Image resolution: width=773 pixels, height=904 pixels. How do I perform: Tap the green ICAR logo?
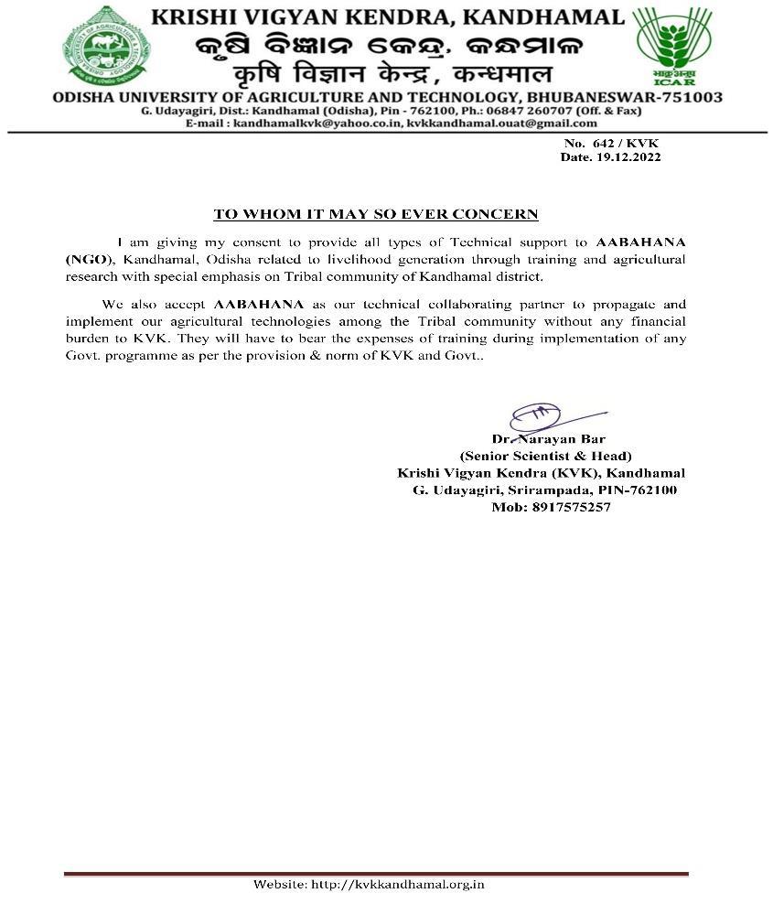[x=674, y=46]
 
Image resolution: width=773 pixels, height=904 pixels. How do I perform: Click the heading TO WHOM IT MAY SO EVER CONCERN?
[x=376, y=214]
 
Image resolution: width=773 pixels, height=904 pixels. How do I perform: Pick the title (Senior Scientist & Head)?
[x=545, y=456]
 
